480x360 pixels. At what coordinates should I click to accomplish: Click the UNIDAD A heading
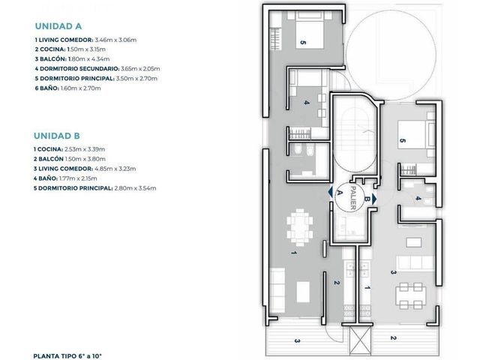pyautogui.click(x=58, y=26)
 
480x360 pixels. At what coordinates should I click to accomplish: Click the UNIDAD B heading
pyautogui.click(x=57, y=136)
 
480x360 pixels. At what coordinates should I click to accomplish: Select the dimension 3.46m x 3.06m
pyautogui.click(x=115, y=40)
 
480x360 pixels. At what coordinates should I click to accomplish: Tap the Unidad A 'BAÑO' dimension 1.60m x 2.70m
pyautogui.click(x=80, y=88)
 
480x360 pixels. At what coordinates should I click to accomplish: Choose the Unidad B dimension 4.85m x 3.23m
pyautogui.click(x=115, y=169)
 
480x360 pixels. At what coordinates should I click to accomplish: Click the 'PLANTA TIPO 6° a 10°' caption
pyautogui.click(x=67, y=356)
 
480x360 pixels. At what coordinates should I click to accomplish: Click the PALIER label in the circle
pyautogui.click(x=352, y=198)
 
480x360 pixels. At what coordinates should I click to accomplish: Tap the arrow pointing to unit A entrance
pyautogui.click(x=330, y=192)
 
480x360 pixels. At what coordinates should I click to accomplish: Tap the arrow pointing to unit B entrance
pyautogui.click(x=374, y=199)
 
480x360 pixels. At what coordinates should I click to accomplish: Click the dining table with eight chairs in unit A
pyautogui.click(x=300, y=227)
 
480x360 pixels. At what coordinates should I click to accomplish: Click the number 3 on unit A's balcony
pyautogui.click(x=297, y=340)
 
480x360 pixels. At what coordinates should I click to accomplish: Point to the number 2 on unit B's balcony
pyautogui.click(x=393, y=338)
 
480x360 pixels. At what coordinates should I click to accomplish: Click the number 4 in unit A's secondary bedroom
pyautogui.click(x=307, y=103)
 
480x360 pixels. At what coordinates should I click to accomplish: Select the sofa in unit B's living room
pyautogui.click(x=415, y=263)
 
